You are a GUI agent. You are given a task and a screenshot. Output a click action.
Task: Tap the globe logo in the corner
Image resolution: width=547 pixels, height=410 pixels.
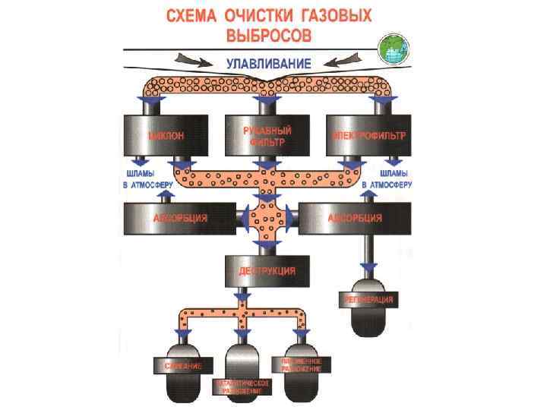[x=394, y=49]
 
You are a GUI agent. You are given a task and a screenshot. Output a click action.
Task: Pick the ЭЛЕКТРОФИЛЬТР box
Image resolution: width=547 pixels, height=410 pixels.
[x=369, y=136]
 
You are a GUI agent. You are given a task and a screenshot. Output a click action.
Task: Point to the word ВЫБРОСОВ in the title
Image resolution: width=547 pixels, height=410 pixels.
[x=269, y=35]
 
